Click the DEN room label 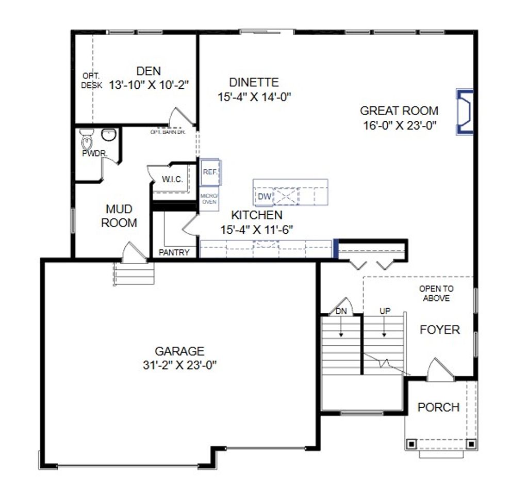[148, 71]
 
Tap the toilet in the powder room [86, 140]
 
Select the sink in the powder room [108, 135]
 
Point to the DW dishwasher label [263, 196]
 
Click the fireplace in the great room [465, 112]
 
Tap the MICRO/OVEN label [209, 199]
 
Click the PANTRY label [174, 252]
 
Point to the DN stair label [341, 311]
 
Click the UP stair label [384, 311]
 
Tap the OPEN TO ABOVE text [436, 293]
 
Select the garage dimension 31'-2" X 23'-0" [179, 365]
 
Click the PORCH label [438, 407]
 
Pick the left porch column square [411, 443]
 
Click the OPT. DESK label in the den [91, 81]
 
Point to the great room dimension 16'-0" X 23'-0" [399, 124]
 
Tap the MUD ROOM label [119, 216]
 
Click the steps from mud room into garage [134, 274]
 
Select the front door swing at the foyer [440, 371]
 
